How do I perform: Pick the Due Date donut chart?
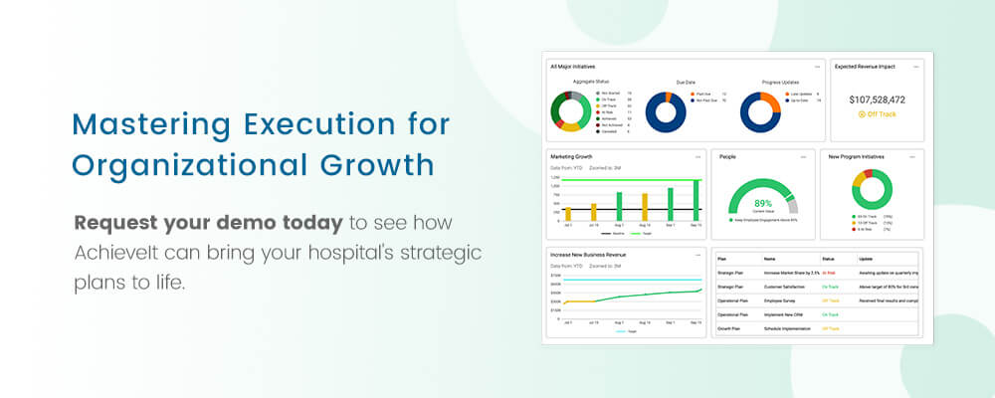point(666,111)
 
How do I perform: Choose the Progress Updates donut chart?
point(760,111)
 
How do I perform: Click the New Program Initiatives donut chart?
point(872,190)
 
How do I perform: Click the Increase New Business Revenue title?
point(588,255)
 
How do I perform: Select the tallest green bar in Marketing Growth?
point(696,199)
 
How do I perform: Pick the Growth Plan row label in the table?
point(730,328)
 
